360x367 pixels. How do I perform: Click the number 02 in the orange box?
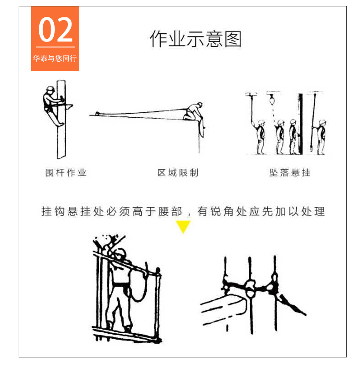(x=55, y=30)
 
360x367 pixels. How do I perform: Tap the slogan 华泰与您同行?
(x=55, y=58)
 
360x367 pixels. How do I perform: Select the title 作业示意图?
(x=195, y=39)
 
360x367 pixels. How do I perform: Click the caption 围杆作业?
(x=66, y=173)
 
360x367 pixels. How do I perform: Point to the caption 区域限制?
(x=178, y=173)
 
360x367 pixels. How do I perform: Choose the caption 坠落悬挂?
(x=290, y=173)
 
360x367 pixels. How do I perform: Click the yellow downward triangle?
(x=183, y=226)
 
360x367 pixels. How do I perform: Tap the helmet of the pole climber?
(x=51, y=89)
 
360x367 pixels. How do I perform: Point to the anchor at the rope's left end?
(x=98, y=114)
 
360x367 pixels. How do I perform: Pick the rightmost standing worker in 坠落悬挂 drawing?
(x=321, y=137)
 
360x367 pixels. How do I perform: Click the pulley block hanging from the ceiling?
(x=272, y=100)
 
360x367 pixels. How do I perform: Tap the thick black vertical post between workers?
(x=300, y=124)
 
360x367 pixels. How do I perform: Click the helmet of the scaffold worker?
(x=121, y=253)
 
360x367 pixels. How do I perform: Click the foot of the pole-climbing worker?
(x=60, y=125)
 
